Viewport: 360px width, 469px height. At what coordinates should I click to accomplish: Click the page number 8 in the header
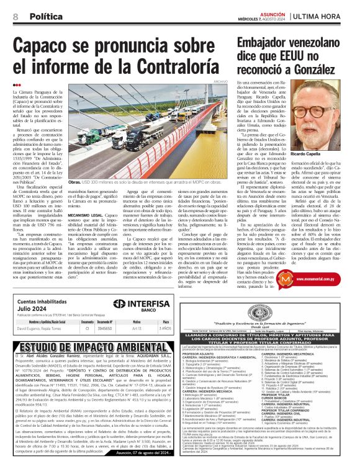coord(14,16)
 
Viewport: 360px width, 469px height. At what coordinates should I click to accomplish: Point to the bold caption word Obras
coord(74,183)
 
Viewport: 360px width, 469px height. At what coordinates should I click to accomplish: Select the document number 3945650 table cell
coord(104,328)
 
